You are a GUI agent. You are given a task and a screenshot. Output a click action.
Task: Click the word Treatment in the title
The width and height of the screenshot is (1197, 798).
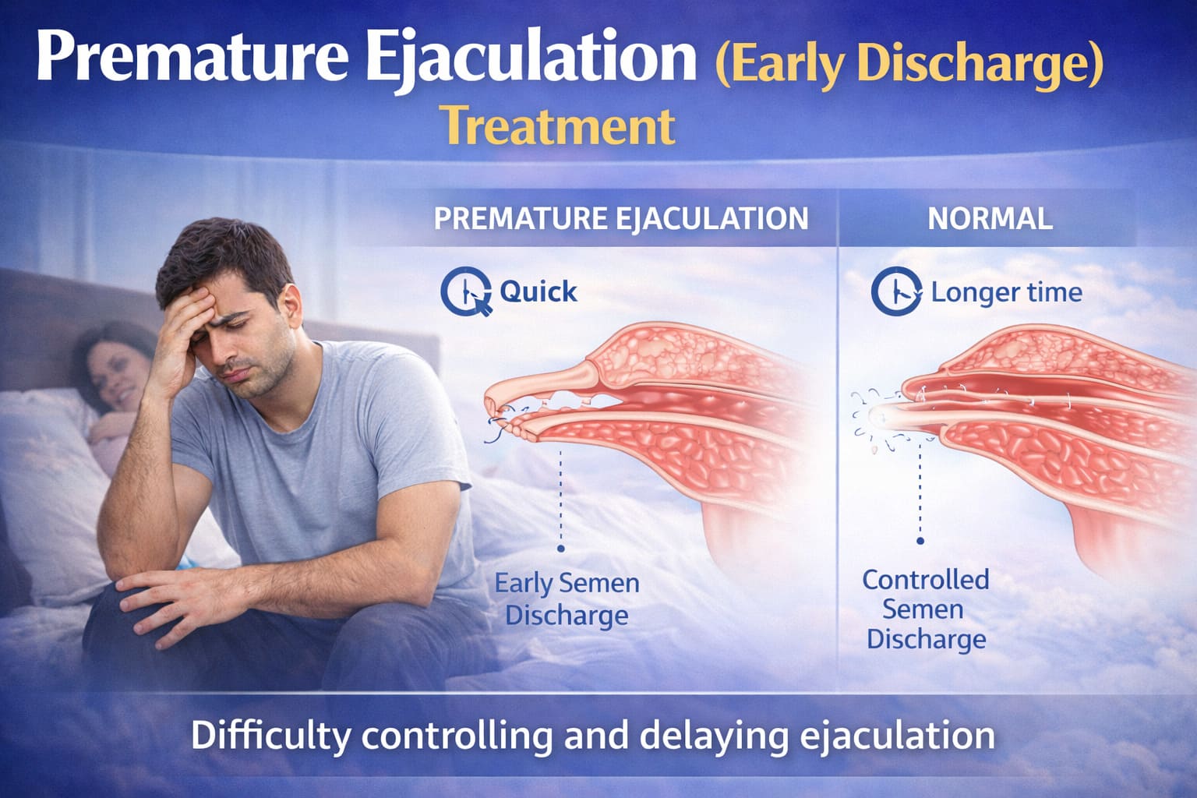(557, 126)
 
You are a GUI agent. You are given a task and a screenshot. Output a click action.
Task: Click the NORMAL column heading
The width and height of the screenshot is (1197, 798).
(990, 219)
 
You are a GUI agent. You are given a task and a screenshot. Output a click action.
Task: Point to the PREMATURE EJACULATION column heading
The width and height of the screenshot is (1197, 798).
(621, 219)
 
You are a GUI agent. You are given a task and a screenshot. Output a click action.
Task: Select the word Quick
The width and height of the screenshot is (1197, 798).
(538, 291)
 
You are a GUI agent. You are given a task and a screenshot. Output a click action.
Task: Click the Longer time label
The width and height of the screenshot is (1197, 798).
(1006, 292)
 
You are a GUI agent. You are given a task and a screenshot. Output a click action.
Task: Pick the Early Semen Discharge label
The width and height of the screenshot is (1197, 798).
(567, 598)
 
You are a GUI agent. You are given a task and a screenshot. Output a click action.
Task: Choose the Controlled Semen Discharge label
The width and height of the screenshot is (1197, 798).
(926, 609)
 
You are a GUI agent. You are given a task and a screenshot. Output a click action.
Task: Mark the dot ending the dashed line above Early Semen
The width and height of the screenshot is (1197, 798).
(560, 549)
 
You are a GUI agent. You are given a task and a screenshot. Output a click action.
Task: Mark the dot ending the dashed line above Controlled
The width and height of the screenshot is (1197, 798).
(920, 540)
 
